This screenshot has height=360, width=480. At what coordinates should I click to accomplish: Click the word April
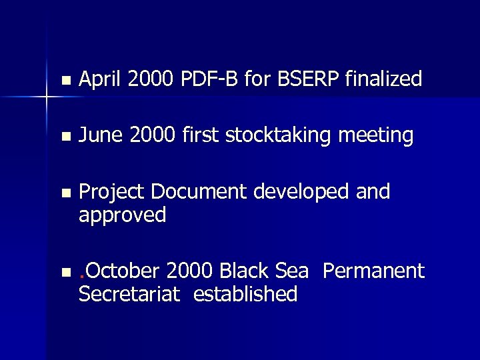[x=101, y=80]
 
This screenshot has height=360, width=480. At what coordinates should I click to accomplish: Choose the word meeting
[x=377, y=137]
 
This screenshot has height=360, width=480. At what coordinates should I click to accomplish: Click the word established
[x=245, y=294]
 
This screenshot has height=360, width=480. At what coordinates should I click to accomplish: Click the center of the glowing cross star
[x=47, y=97]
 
